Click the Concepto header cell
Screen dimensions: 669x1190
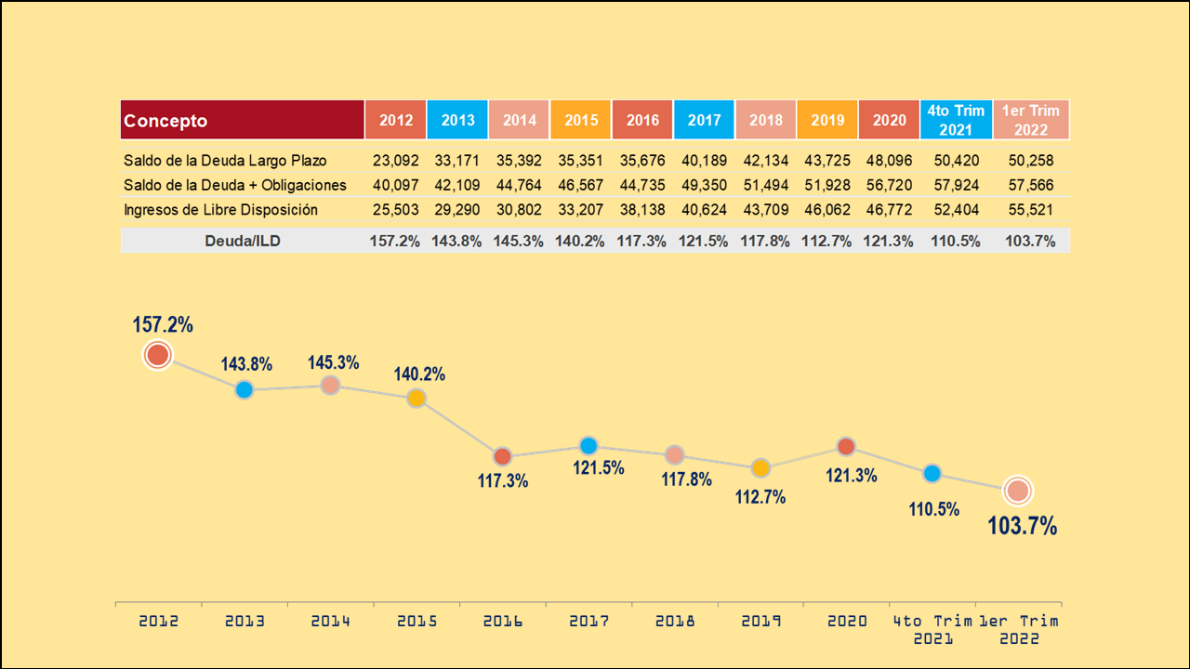pyautogui.click(x=242, y=120)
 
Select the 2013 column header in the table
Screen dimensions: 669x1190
pyautogui.click(x=457, y=120)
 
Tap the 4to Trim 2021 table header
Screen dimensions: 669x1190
pyautogui.click(x=955, y=120)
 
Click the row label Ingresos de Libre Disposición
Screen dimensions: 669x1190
pyautogui.click(x=220, y=210)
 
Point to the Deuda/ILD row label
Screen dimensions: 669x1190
pyautogui.click(x=243, y=241)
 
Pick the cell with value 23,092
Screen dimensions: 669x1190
pyautogui.click(x=396, y=161)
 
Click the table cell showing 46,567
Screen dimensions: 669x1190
pyautogui.click(x=581, y=185)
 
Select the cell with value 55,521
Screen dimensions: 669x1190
pyautogui.click(x=1030, y=210)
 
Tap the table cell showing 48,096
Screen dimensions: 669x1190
pyautogui.click(x=890, y=161)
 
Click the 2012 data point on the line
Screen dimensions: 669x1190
pyautogui.click(x=158, y=355)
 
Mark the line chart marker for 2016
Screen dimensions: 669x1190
pyautogui.click(x=502, y=456)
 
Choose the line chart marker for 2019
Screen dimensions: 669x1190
pyautogui.click(x=760, y=468)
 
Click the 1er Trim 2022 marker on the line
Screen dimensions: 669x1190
pyautogui.click(x=1018, y=491)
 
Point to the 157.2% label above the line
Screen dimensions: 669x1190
pyautogui.click(x=163, y=325)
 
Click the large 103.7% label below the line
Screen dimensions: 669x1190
pyautogui.click(x=1023, y=527)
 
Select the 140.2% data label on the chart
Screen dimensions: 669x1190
pyautogui.click(x=418, y=374)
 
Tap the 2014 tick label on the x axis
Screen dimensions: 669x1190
pyautogui.click(x=331, y=621)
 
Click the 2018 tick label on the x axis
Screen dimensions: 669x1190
pyautogui.click(x=675, y=621)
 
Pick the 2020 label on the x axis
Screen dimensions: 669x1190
pyautogui.click(x=847, y=621)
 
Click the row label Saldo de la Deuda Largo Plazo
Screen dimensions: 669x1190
pyautogui.click(x=225, y=161)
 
